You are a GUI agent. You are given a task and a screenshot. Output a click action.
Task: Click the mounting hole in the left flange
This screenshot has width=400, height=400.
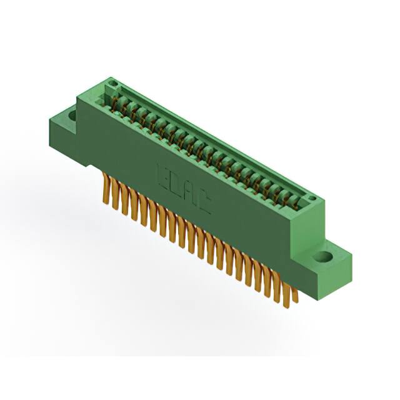pos(71,116)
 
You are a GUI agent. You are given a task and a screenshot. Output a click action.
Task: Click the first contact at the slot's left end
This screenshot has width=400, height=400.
pos(118,100)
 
